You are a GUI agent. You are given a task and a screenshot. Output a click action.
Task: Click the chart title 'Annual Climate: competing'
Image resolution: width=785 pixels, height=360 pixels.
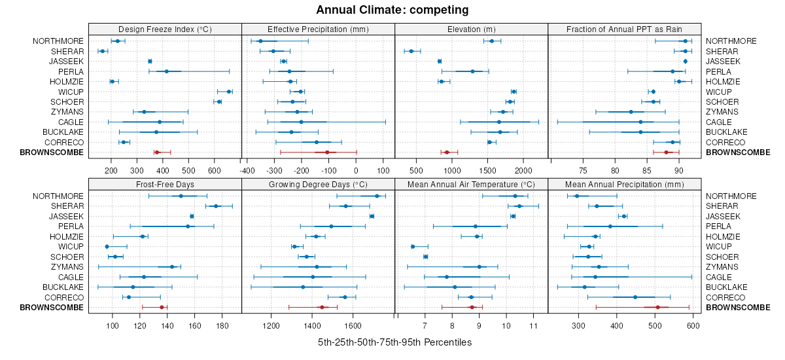392,10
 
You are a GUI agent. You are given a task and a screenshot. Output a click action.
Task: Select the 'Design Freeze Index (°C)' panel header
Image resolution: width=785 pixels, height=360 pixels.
165,29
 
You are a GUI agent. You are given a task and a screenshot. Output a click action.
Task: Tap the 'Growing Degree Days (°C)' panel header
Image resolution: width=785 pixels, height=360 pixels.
318,184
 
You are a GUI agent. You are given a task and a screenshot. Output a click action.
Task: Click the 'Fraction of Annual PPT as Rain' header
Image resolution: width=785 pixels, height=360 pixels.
625,29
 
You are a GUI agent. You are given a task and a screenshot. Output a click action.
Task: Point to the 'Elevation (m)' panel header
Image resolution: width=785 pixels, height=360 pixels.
471,29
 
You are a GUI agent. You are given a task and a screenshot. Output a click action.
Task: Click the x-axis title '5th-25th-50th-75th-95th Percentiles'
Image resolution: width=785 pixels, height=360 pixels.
394,342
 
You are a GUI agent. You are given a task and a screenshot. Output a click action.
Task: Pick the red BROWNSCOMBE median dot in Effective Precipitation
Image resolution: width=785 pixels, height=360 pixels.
327,153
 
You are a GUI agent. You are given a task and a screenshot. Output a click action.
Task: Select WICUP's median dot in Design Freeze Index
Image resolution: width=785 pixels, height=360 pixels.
229,92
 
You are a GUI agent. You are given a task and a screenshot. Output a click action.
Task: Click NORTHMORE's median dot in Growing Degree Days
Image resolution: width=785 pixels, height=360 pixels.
377,196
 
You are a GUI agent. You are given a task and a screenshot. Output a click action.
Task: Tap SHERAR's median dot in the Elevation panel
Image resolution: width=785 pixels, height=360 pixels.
411,51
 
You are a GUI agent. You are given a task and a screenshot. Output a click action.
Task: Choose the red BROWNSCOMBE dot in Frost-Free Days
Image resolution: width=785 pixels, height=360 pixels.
162,308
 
